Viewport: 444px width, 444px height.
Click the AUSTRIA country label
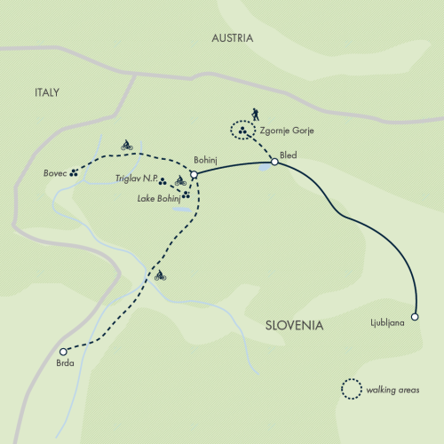click(x=232, y=38)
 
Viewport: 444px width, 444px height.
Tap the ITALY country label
click(x=47, y=91)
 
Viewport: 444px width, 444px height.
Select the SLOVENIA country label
click(x=294, y=326)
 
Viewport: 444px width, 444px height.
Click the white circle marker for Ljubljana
click(x=415, y=316)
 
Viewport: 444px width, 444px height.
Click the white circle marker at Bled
click(x=275, y=162)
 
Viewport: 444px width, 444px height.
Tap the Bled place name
click(x=289, y=155)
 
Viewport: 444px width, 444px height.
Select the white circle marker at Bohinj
click(x=193, y=174)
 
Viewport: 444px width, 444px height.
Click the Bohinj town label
click(x=206, y=160)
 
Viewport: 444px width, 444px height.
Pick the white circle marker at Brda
click(x=63, y=351)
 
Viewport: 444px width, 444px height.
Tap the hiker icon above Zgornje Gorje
click(x=255, y=115)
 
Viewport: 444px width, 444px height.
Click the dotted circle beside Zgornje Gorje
click(x=242, y=131)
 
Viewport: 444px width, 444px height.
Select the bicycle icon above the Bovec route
click(x=126, y=145)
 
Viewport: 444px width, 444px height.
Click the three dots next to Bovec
click(x=74, y=173)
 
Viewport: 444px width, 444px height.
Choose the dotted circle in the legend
click(x=353, y=389)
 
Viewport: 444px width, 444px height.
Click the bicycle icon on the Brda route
click(x=160, y=276)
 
